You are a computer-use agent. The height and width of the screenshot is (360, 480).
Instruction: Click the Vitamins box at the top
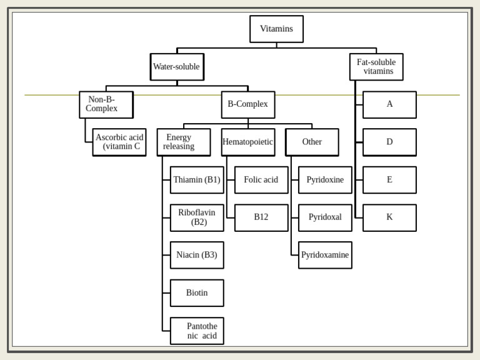point(276,29)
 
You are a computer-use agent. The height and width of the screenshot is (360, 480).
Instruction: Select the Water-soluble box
point(177,67)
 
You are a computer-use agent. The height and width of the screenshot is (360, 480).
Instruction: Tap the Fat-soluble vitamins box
point(376,67)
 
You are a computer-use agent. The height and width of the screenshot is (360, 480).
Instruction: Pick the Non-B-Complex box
point(106,104)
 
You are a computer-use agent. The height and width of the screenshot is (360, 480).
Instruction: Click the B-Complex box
point(247,104)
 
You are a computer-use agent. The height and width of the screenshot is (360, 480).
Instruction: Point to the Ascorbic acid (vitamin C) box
point(119,142)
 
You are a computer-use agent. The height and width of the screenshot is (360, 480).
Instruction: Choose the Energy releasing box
point(183,142)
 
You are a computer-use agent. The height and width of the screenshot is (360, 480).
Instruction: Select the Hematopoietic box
point(247,142)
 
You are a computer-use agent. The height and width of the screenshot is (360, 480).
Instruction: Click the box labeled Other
point(312,142)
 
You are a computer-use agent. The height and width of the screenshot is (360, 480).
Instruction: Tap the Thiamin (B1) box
point(197,180)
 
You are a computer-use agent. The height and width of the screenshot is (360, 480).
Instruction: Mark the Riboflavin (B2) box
point(197,217)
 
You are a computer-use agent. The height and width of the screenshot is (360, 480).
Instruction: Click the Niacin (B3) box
point(197,255)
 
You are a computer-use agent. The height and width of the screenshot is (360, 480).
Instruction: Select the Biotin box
point(197,293)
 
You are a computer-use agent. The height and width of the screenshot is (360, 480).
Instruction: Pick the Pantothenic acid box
point(197,331)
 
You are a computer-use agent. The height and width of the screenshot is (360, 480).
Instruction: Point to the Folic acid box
point(261,180)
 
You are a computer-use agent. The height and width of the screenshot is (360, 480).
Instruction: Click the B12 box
point(261,217)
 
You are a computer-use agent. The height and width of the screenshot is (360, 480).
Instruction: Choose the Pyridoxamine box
point(325,255)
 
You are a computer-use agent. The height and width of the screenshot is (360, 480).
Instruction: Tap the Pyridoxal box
point(325,217)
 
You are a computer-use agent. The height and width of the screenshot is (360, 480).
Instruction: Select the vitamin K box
point(389,217)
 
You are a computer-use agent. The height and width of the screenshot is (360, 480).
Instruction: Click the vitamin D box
point(389,142)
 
